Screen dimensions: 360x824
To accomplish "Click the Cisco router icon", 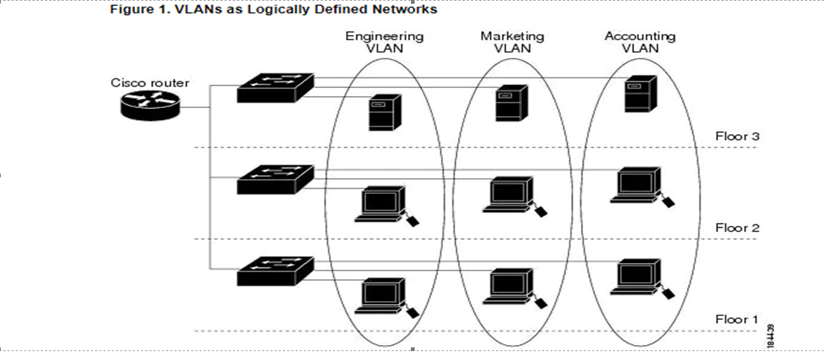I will [149, 106].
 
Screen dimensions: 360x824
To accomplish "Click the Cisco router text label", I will [150, 83].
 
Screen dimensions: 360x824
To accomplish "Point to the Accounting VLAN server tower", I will [639, 95].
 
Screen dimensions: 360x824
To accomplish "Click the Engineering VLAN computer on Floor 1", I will [381, 296].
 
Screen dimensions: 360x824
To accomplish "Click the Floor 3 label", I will [736, 136].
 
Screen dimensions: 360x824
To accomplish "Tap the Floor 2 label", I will [736, 228].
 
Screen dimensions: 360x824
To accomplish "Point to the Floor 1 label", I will [736, 320].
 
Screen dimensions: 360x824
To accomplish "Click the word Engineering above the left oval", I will [384, 36].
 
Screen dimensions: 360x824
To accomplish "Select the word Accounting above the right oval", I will [640, 36].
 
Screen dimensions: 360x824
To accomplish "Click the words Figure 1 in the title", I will [136, 10].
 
